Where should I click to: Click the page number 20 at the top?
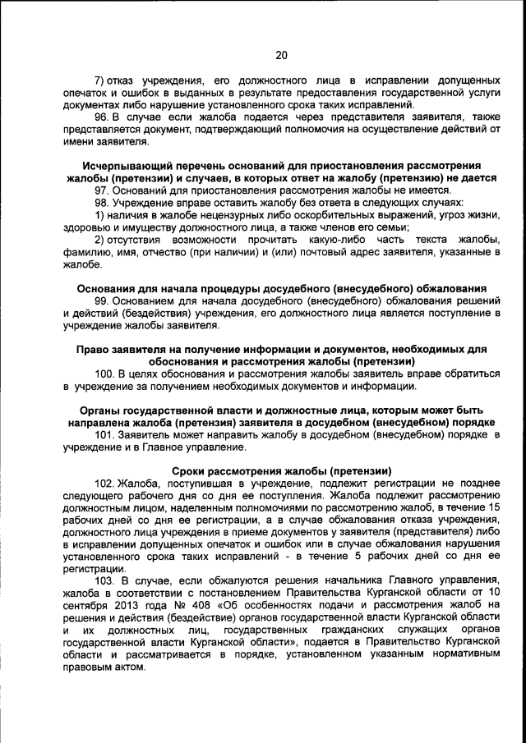pyautogui.click(x=281, y=56)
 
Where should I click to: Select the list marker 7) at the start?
pyautogui.click(x=101, y=80)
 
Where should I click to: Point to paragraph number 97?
pyautogui.click(x=102, y=190)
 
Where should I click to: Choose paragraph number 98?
pyautogui.click(x=102, y=203)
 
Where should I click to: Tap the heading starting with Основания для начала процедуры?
pyautogui.click(x=281, y=288)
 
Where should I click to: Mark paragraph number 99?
pyautogui.click(x=102, y=300)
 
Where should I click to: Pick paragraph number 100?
pyautogui.click(x=104, y=374)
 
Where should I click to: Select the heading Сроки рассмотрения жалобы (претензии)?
pyautogui.click(x=281, y=471)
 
